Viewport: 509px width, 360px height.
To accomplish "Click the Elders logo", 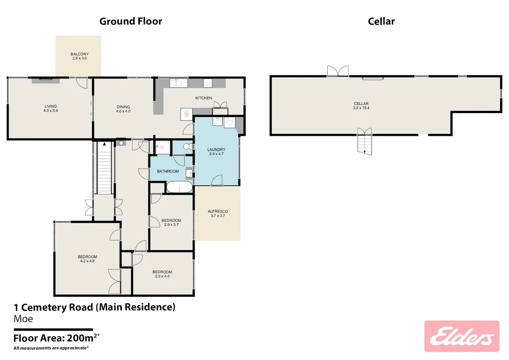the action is click(x=461, y=336).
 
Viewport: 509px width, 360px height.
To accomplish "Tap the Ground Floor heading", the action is click(x=131, y=21).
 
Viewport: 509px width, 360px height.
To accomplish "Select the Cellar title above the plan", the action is click(x=381, y=21).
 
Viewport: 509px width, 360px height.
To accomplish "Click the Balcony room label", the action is click(x=79, y=54).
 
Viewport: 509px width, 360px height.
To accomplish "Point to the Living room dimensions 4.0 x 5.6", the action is click(x=51, y=111).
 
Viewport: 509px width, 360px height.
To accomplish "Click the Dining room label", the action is click(x=123, y=107).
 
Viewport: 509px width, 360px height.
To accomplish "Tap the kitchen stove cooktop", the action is click(x=208, y=83).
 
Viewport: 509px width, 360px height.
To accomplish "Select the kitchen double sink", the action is click(x=178, y=83).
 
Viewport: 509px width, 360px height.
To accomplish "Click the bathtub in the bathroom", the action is click(x=179, y=187).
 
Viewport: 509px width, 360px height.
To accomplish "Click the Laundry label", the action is click(x=216, y=150).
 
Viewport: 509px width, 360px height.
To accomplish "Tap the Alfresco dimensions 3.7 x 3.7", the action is click(x=218, y=216).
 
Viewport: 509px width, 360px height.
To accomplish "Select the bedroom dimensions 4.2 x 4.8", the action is click(x=87, y=261).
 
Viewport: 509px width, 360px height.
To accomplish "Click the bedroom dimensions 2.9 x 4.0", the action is click(x=162, y=276).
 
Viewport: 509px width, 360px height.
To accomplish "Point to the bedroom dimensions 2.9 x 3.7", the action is click(x=171, y=225).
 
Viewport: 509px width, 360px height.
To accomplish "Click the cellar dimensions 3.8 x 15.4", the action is click(x=361, y=108).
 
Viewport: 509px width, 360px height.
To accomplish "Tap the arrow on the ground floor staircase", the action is click(x=104, y=144).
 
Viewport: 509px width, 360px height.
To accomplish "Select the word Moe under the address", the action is click(x=23, y=319).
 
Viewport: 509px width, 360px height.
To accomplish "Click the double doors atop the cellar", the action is click(x=338, y=71).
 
